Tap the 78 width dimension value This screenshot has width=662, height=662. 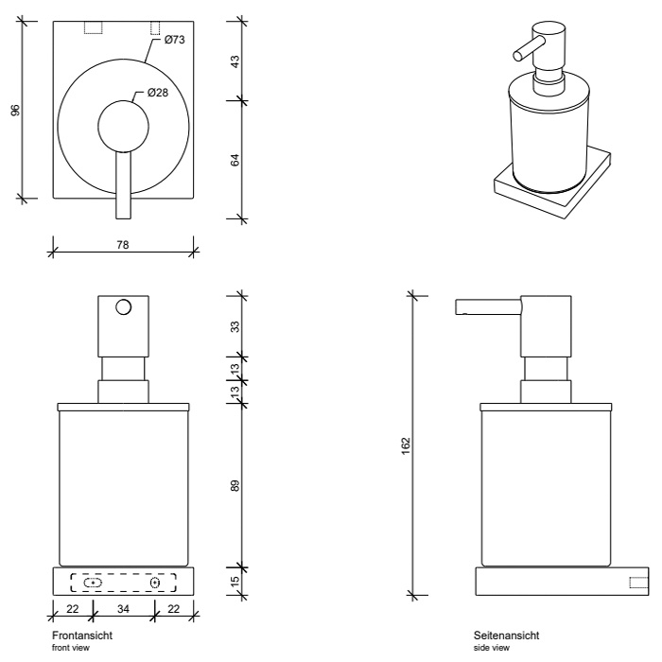(x=123, y=244)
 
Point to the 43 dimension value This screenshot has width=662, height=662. (x=235, y=61)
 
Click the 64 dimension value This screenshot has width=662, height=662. (x=235, y=159)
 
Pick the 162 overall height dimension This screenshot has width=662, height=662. (x=406, y=444)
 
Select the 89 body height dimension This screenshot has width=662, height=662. (x=235, y=485)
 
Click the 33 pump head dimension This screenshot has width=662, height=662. (x=235, y=326)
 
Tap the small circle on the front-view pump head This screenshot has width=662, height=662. (x=123, y=307)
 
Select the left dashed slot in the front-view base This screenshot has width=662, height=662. (x=92, y=583)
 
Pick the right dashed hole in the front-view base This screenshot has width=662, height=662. (x=155, y=583)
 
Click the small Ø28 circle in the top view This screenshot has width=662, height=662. (x=123, y=125)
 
